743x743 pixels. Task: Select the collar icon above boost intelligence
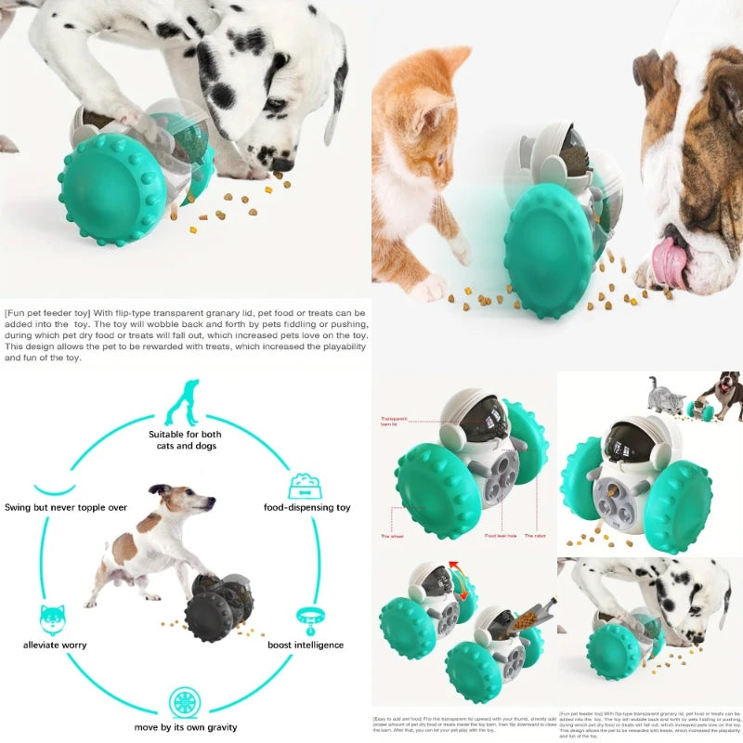coord(307,617)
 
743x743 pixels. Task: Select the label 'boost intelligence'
coord(305,645)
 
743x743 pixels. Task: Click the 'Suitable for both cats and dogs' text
coord(184,439)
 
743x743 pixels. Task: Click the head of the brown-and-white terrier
coord(186,502)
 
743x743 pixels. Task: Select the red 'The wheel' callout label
coord(391,536)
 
